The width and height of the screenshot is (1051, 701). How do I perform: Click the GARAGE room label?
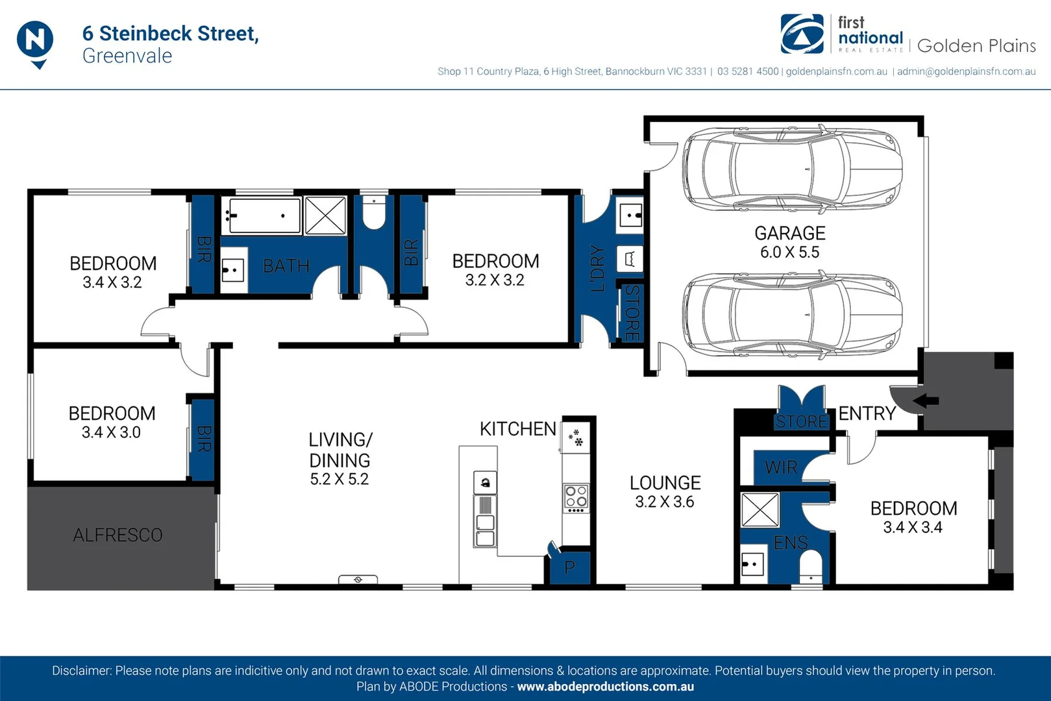pos(789,233)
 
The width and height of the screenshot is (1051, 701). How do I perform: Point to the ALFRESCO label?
pos(117,535)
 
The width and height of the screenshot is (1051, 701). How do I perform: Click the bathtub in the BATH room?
pos(262,215)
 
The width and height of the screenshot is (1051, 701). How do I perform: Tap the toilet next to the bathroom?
pos(374,214)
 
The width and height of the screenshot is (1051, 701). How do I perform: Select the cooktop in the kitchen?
pos(576,497)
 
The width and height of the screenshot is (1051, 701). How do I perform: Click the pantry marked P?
pos(569,567)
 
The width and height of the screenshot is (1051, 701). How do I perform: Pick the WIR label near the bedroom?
pos(781,467)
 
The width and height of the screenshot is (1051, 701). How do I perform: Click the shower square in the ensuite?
pos(760,510)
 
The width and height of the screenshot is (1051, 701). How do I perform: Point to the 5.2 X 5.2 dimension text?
pos(339,480)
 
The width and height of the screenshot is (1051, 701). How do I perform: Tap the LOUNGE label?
pos(665,483)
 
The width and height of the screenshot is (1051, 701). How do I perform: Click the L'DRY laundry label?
pos(597,268)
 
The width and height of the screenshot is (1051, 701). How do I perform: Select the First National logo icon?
pos(802,34)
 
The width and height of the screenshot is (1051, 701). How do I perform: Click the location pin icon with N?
pos(35,42)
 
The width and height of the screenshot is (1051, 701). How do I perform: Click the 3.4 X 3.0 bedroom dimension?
pos(111,432)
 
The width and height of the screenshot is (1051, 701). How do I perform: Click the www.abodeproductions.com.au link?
pos(605,687)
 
